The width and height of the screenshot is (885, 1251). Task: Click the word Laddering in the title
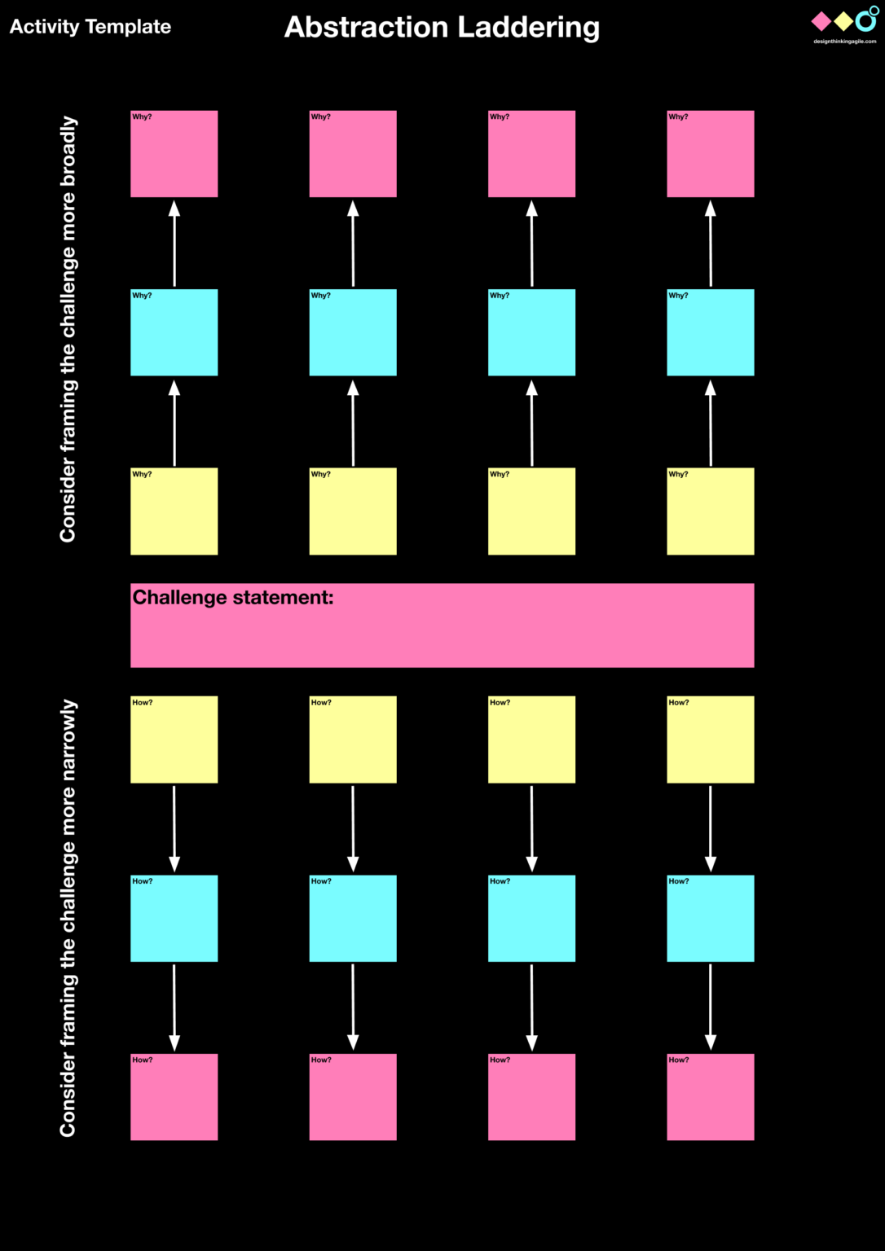[x=528, y=28]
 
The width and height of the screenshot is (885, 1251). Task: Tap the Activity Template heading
[x=90, y=27]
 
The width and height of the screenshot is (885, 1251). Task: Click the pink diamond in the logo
[x=821, y=20]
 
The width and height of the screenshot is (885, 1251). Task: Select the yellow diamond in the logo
[x=843, y=21]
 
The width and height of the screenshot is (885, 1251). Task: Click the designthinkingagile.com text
[x=844, y=41]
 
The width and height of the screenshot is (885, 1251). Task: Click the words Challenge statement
[x=233, y=597]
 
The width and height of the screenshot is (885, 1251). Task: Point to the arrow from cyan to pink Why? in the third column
[x=531, y=244]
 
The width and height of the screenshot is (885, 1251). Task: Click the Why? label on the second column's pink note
[x=320, y=117]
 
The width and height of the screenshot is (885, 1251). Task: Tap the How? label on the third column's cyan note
[x=500, y=881]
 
